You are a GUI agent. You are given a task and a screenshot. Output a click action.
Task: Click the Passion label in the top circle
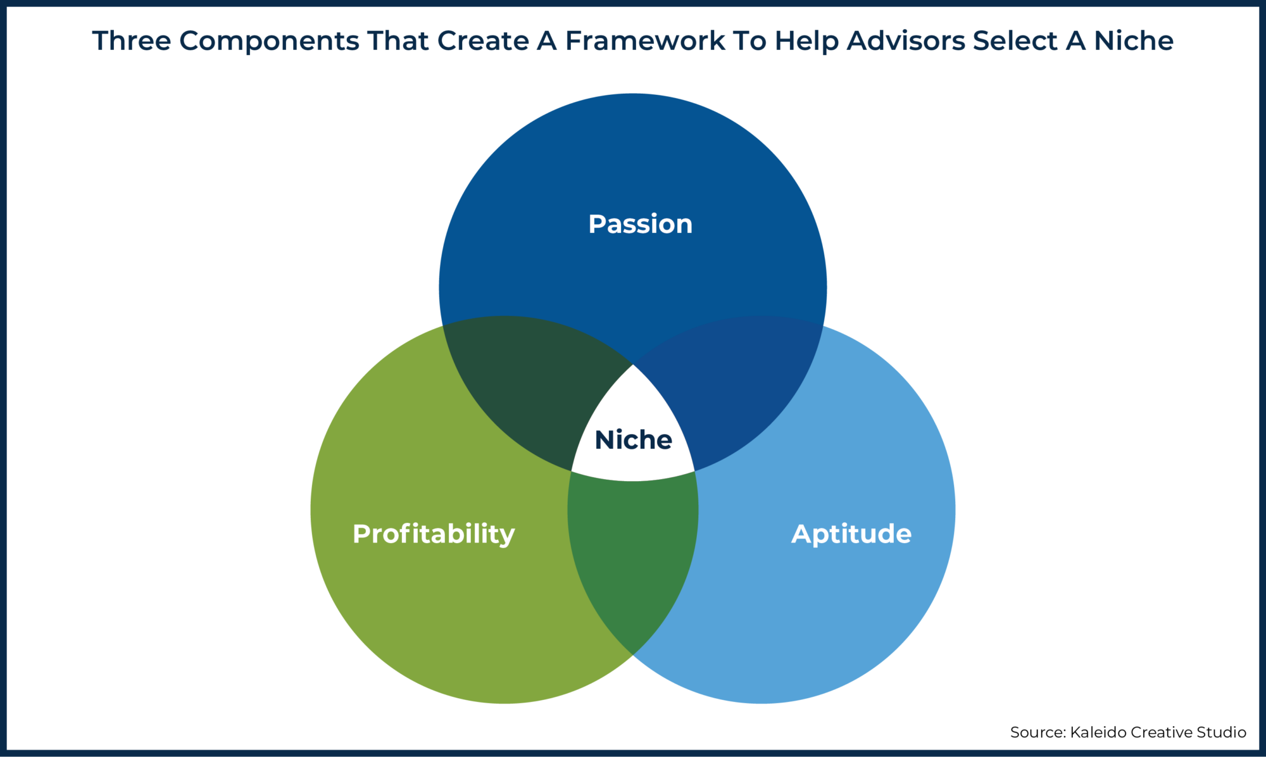pyautogui.click(x=640, y=224)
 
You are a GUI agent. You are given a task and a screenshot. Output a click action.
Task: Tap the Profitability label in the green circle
pyautogui.click(x=434, y=534)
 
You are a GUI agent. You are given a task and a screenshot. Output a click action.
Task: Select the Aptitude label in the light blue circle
pyautogui.click(x=851, y=534)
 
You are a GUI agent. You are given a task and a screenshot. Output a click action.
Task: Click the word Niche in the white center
pyautogui.click(x=633, y=440)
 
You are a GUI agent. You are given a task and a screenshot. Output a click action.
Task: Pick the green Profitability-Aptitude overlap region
pyautogui.click(x=633, y=557)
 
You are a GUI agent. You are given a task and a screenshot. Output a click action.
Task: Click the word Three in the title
pyautogui.click(x=132, y=41)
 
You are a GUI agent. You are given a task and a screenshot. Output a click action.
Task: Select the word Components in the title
pyautogui.click(x=269, y=41)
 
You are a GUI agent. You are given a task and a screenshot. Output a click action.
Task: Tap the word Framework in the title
pyautogui.click(x=645, y=41)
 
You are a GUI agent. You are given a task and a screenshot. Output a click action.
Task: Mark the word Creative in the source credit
pyautogui.click(x=1162, y=732)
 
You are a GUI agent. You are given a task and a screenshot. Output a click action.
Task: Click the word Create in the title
pyautogui.click(x=483, y=41)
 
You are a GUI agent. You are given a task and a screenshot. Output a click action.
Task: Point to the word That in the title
pyautogui.click(x=398, y=41)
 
